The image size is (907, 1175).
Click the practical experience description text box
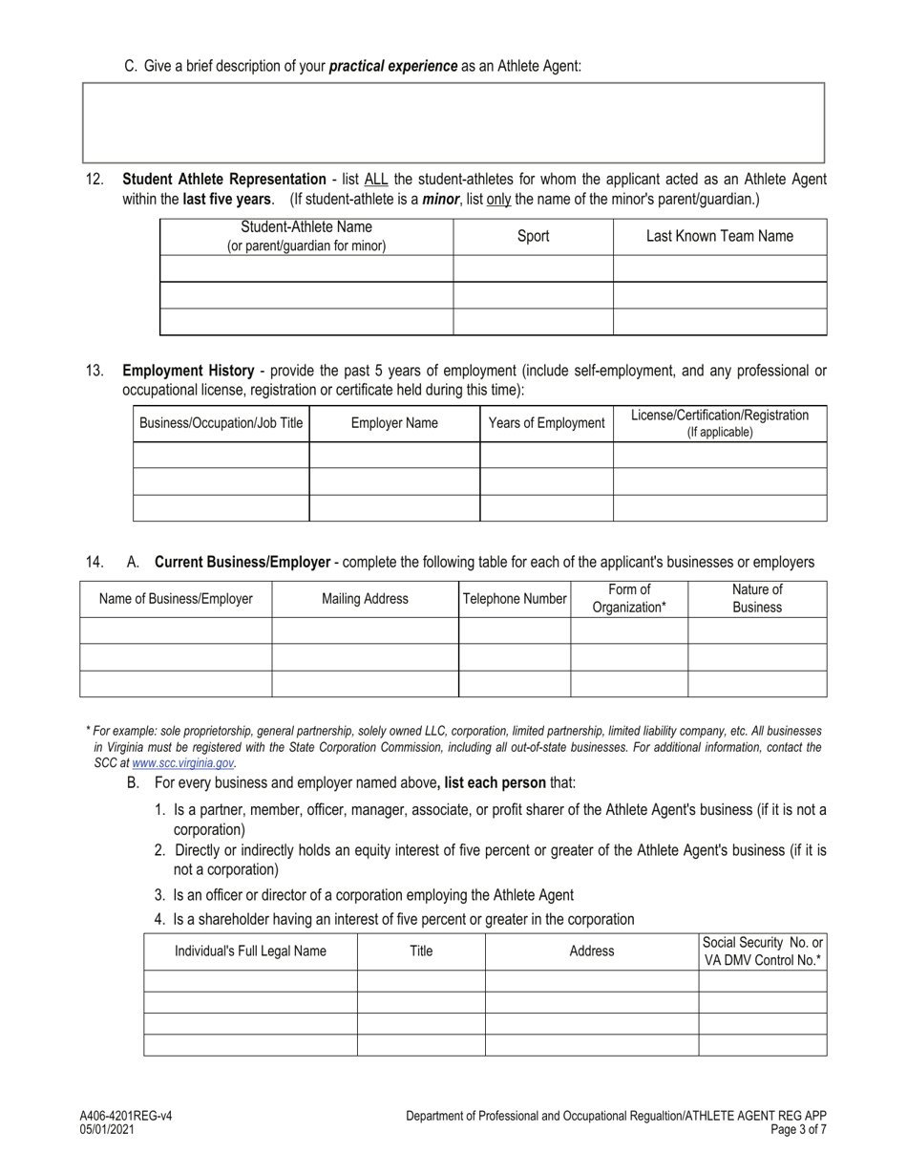pyautogui.click(x=453, y=122)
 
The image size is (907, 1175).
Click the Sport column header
pyautogui.click(x=533, y=236)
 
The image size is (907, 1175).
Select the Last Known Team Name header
pyautogui.click(x=719, y=236)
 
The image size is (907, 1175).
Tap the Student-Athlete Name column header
pyautogui.click(x=306, y=236)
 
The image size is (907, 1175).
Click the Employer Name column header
pyautogui.click(x=394, y=423)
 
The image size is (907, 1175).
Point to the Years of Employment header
pyautogui.click(x=546, y=423)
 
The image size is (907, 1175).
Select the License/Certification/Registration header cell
pyautogui.click(x=720, y=423)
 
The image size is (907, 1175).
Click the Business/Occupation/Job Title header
pyautogui.click(x=221, y=423)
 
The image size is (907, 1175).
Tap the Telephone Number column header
pyautogui.click(x=515, y=599)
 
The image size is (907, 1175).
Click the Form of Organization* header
pyautogui.click(x=629, y=598)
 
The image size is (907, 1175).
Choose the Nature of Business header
pyautogui.click(x=757, y=598)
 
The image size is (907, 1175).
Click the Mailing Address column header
pyautogui.click(x=365, y=599)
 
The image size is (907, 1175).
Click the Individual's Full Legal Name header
pyautogui.click(x=250, y=951)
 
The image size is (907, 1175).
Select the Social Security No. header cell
pyautogui.click(x=762, y=951)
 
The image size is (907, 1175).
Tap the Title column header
pyautogui.click(x=421, y=951)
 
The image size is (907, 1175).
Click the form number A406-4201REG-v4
pyautogui.click(x=126, y=1116)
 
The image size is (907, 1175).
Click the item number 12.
pyautogui.click(x=95, y=180)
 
